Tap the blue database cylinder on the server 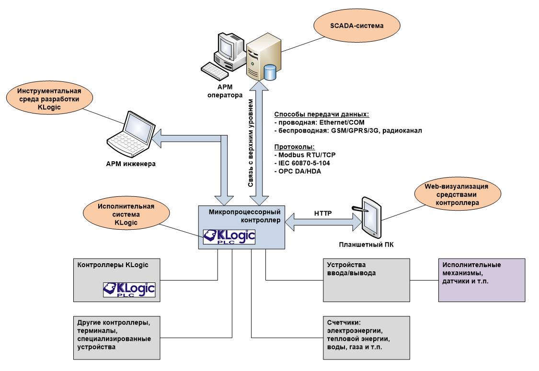click(x=270, y=72)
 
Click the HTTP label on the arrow click(x=323, y=213)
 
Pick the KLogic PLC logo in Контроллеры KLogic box click(x=129, y=290)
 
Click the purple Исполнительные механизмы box click(x=482, y=280)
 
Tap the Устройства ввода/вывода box click(x=367, y=280)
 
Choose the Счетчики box click(x=367, y=337)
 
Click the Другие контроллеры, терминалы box click(x=116, y=337)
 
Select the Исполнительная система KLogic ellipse click(x=126, y=214)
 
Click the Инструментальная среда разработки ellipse click(x=49, y=99)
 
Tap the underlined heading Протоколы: click(x=294, y=147)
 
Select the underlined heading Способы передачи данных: click(x=321, y=114)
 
